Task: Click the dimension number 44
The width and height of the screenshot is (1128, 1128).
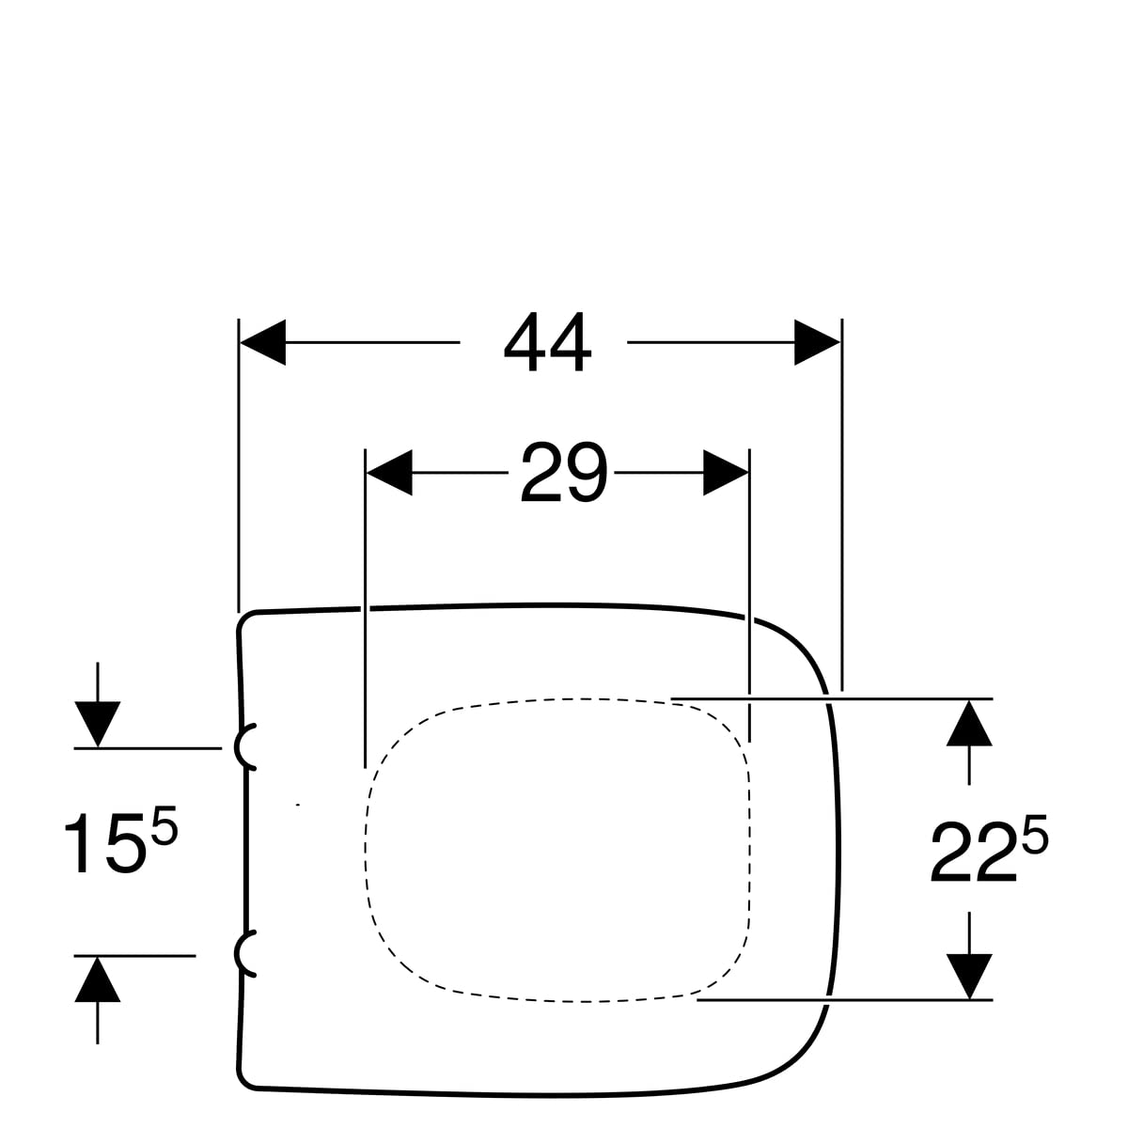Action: (547, 342)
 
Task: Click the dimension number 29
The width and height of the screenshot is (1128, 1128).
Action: (563, 473)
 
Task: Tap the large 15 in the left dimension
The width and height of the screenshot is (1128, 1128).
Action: (103, 845)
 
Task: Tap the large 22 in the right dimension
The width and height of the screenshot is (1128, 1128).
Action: (973, 852)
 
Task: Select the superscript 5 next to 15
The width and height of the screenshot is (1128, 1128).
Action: (164, 822)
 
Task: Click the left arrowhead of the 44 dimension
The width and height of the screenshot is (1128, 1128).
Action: (263, 342)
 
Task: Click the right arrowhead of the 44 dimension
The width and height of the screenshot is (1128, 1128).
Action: (817, 342)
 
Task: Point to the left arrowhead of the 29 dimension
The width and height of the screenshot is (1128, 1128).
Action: (389, 473)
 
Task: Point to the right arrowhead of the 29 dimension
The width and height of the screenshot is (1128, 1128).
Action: (726, 473)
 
